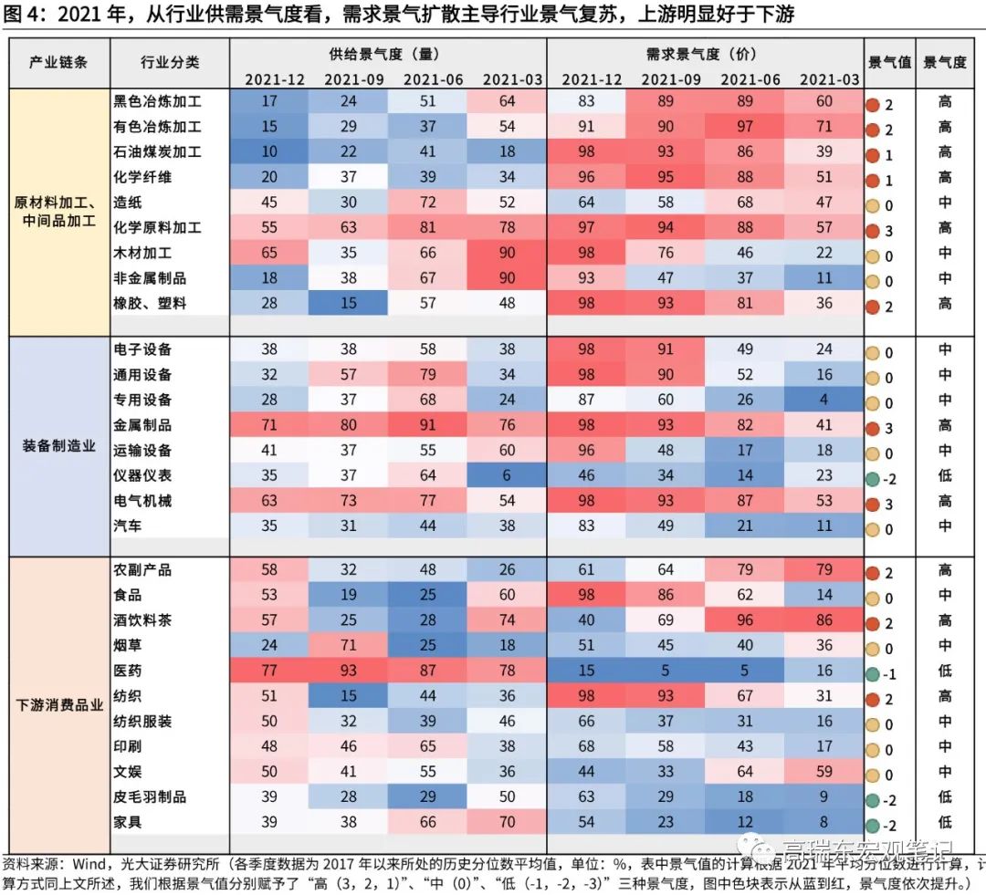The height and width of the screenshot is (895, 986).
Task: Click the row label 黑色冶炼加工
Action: (156, 102)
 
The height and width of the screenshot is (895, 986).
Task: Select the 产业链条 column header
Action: (58, 63)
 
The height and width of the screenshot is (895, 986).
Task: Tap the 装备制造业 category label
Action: (58, 446)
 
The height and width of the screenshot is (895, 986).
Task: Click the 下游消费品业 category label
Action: (58, 704)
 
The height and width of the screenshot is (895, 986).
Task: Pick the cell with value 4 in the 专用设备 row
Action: (824, 400)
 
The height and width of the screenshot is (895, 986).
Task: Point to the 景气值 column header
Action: (889, 63)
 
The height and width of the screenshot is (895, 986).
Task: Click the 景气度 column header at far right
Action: (945, 63)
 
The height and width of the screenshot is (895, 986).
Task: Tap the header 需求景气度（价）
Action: (705, 54)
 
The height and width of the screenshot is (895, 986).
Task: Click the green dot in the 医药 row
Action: (873, 674)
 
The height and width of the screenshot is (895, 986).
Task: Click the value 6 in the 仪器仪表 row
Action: (507, 475)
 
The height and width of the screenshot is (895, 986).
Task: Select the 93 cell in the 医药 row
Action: (348, 671)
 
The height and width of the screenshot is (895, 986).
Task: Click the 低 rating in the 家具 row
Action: (945, 822)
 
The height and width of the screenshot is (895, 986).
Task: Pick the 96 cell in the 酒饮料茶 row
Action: (746, 620)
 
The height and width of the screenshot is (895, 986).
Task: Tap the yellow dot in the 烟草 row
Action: (873, 649)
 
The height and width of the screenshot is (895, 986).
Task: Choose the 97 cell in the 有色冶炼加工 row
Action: (746, 127)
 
